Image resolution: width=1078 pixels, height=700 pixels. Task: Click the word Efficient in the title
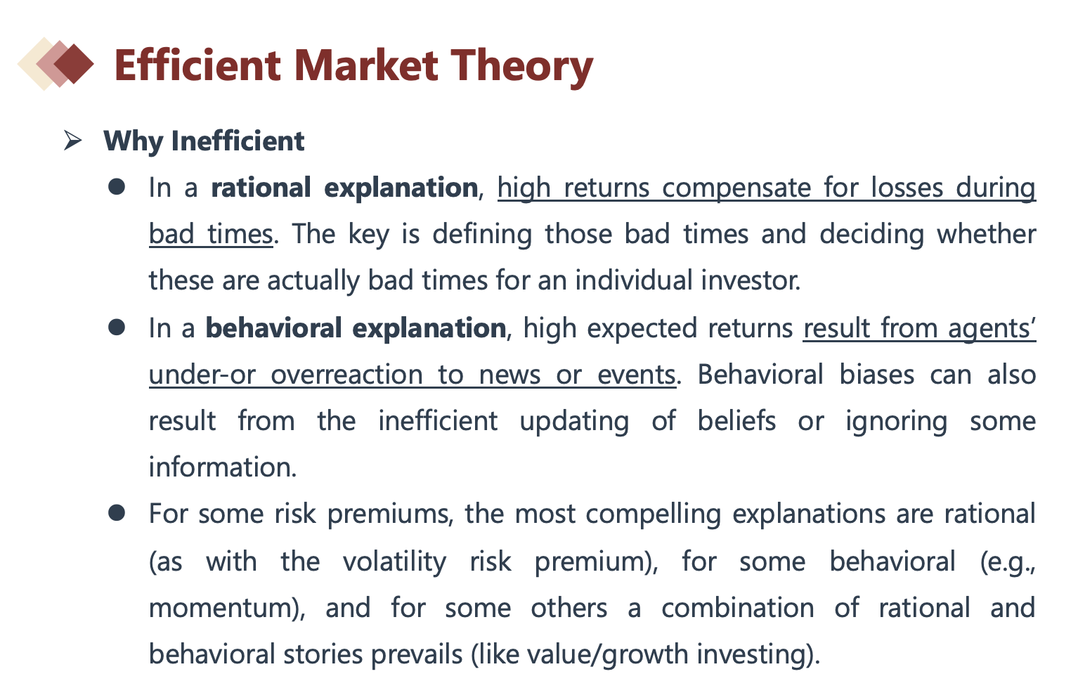(197, 65)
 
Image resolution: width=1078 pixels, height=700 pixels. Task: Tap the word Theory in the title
(523, 68)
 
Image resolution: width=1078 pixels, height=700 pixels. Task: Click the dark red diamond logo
(74, 64)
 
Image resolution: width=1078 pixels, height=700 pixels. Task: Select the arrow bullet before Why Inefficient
(72, 141)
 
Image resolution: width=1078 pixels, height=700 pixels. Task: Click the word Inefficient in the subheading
(238, 141)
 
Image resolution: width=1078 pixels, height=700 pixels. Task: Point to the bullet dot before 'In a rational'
(117, 187)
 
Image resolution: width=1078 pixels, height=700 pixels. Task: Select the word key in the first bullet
(368, 235)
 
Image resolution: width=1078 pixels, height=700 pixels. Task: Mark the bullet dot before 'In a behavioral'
(117, 328)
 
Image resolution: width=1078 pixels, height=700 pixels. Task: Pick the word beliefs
(736, 420)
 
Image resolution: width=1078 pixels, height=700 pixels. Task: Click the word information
(223, 467)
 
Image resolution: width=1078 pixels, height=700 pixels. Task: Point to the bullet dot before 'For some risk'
(117, 513)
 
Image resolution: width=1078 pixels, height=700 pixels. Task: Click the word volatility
(395, 562)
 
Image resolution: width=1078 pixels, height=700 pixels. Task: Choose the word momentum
(221, 607)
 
